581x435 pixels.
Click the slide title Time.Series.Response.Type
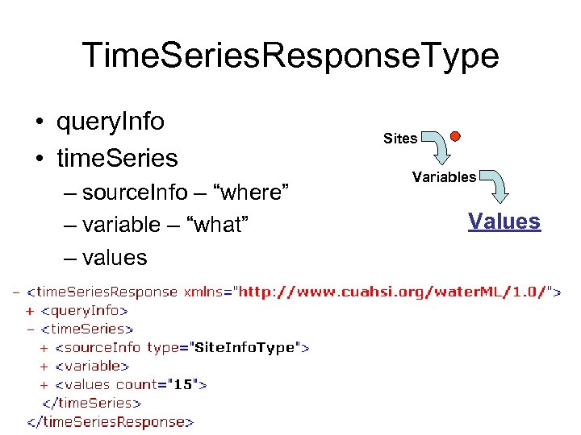coord(290,56)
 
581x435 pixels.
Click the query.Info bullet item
coord(110,122)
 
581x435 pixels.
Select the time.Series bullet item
coord(116,158)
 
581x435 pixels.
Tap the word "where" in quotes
coord(254,193)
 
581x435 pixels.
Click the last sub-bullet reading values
coord(115,258)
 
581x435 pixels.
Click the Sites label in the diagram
coord(400,139)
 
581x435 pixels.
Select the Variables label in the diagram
coord(444,177)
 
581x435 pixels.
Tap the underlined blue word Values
coord(504,221)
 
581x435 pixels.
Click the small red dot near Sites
coord(455,136)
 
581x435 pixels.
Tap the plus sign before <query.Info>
coord(31,310)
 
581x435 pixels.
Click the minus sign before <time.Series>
coord(31,329)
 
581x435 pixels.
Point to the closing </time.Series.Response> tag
coord(111,421)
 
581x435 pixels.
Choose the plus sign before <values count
coord(44,384)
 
